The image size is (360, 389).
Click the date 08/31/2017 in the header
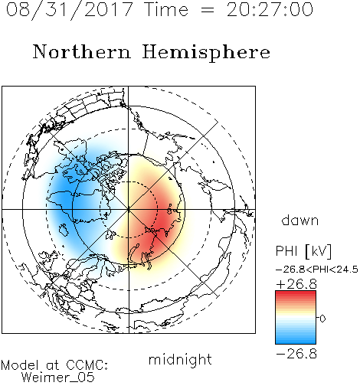[x=70, y=10]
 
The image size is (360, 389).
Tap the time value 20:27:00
[x=270, y=10]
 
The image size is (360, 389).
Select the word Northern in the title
[x=82, y=51]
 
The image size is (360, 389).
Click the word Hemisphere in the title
[x=206, y=52]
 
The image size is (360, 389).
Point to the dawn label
[x=300, y=220]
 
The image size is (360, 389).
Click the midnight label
[x=180, y=359]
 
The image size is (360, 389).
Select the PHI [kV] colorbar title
[x=303, y=251]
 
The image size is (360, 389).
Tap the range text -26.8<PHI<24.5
[x=317, y=270]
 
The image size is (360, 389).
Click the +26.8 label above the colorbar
[x=296, y=284]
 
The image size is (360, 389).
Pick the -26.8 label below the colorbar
[x=296, y=354]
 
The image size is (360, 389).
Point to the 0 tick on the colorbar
[x=322, y=319]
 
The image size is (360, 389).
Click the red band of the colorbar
[x=296, y=297]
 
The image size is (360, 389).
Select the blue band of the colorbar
[x=296, y=337]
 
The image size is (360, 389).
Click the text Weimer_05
[x=58, y=377]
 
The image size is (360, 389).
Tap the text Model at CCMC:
[x=54, y=365]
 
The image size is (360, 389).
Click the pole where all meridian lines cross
[x=129, y=210]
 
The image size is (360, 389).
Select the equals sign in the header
[x=207, y=10]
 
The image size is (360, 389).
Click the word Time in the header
[x=166, y=9]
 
